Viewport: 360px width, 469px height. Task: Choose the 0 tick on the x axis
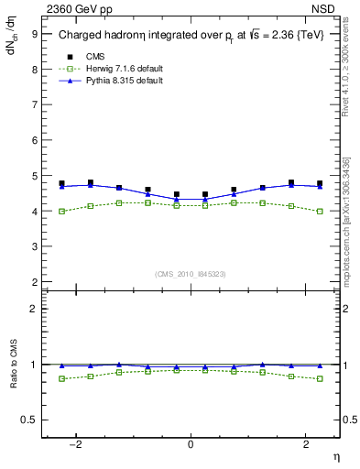pyautogui.click(x=191, y=444)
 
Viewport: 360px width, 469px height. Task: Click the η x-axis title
pyautogui.click(x=335, y=456)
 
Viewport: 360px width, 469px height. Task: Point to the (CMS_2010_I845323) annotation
pyautogui.click(x=191, y=274)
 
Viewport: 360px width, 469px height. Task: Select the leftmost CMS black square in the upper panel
pyautogui.click(x=61, y=183)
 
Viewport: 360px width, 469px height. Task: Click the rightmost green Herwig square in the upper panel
pyautogui.click(x=320, y=212)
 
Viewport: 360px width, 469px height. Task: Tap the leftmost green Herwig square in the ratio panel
pyautogui.click(x=61, y=378)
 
